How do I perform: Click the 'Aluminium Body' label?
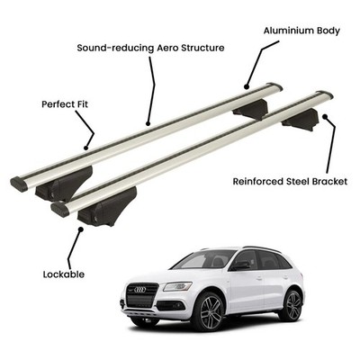click(301, 31)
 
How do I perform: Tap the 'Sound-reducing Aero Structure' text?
click(150, 48)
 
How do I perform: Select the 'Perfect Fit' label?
click(65, 104)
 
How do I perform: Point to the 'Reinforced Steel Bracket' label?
click(290, 182)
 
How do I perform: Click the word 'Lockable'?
click(64, 274)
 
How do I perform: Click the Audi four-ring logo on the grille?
click(139, 290)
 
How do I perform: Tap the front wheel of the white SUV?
click(209, 310)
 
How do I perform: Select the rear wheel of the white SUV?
click(291, 305)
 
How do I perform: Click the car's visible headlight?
click(177, 286)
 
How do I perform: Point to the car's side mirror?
click(240, 265)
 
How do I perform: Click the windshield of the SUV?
click(204, 259)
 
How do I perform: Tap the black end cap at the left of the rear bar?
click(19, 184)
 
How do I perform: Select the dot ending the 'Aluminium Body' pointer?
click(247, 87)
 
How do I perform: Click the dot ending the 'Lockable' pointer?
click(80, 229)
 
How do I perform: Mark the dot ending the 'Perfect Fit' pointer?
click(86, 148)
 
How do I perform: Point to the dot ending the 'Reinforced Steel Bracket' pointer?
click(325, 116)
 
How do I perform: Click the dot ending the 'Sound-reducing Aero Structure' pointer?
click(148, 123)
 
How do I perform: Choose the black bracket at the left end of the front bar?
click(107, 206)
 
